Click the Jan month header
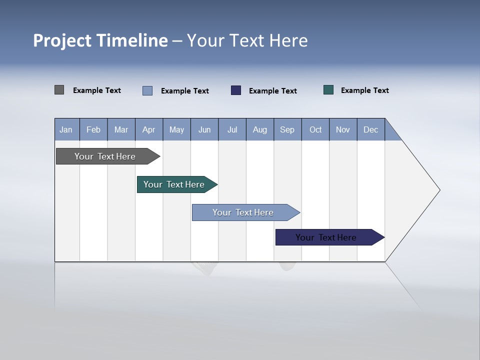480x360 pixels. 66,130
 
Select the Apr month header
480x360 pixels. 149,130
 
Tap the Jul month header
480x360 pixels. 232,130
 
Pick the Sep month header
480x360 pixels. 287,130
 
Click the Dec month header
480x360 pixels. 370,130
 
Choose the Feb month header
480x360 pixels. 93,130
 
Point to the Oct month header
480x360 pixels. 315,130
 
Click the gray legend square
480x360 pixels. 59,90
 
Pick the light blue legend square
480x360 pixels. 147,90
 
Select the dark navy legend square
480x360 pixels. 236,90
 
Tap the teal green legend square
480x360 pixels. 328,90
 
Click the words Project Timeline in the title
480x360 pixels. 100,40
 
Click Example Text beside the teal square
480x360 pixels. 364,90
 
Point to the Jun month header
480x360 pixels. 204,130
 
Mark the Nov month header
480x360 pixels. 343,130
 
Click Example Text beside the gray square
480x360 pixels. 97,90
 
